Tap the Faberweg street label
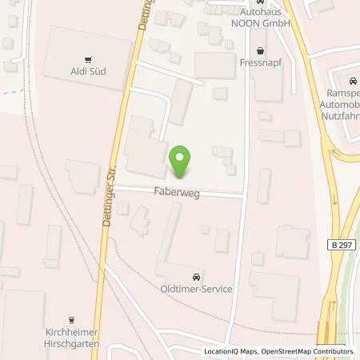pos(174,192)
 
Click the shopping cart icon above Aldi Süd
pos(88,58)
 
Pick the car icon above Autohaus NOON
pos(258,3)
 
